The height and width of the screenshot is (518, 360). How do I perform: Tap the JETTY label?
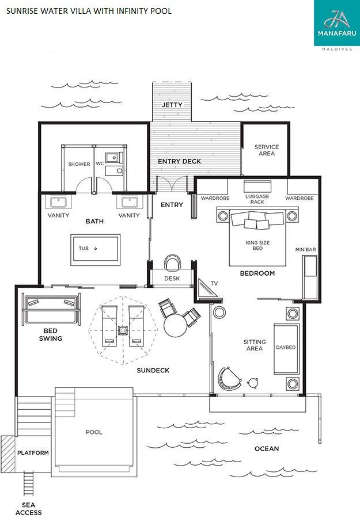click(x=172, y=105)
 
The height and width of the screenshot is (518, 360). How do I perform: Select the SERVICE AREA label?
click(x=267, y=150)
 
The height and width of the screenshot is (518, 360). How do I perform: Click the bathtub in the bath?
click(x=95, y=250)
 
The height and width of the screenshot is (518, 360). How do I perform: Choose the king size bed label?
click(x=257, y=245)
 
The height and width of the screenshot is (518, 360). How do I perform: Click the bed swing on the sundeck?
click(x=51, y=309)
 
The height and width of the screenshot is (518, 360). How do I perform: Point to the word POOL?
click(x=94, y=432)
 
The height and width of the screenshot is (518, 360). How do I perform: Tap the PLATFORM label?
click(x=33, y=452)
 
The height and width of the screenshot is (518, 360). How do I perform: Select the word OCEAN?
click(x=267, y=448)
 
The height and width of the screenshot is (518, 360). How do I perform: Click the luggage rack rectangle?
click(x=257, y=186)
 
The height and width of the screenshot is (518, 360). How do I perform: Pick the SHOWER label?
click(x=79, y=164)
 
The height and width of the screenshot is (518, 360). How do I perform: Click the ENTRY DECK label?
click(x=180, y=161)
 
